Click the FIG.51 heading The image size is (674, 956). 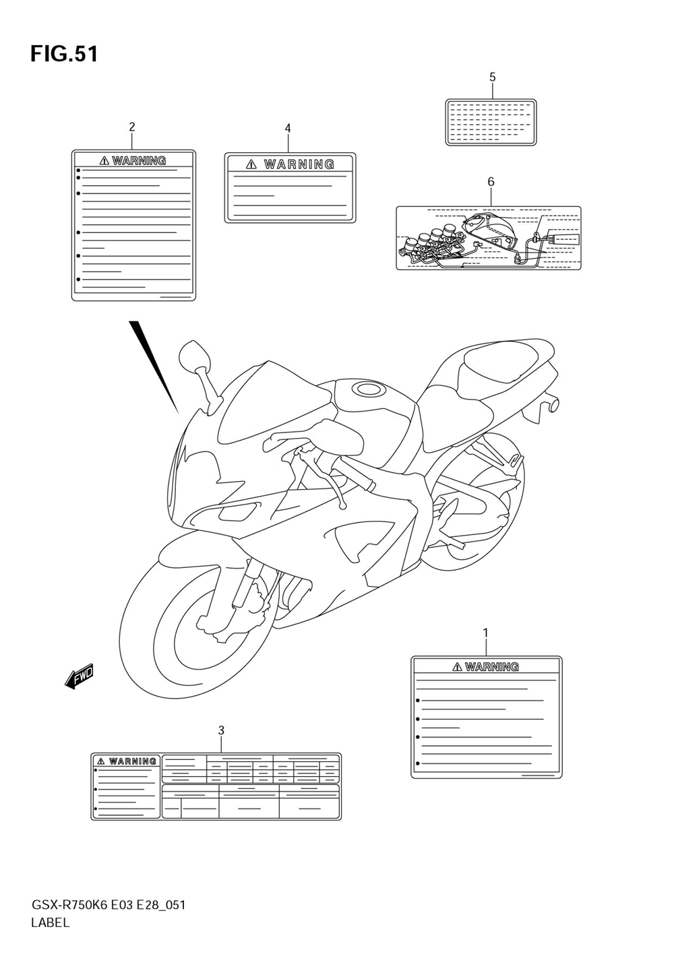pyautogui.click(x=64, y=54)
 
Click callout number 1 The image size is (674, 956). pyautogui.click(x=485, y=633)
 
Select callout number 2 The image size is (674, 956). pyautogui.click(x=132, y=127)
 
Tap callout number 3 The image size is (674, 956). pyautogui.click(x=221, y=730)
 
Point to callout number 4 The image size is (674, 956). pyautogui.click(x=288, y=128)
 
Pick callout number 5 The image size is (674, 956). pyautogui.click(x=492, y=77)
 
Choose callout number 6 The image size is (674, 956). pyautogui.click(x=491, y=182)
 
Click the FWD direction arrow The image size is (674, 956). pyautogui.click(x=79, y=676)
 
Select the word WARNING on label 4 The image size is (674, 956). pyautogui.click(x=299, y=164)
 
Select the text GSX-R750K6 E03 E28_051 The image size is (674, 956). pyautogui.click(x=108, y=905)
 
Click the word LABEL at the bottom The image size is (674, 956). pyautogui.click(x=51, y=923)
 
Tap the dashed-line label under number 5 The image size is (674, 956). pyautogui.click(x=491, y=123)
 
